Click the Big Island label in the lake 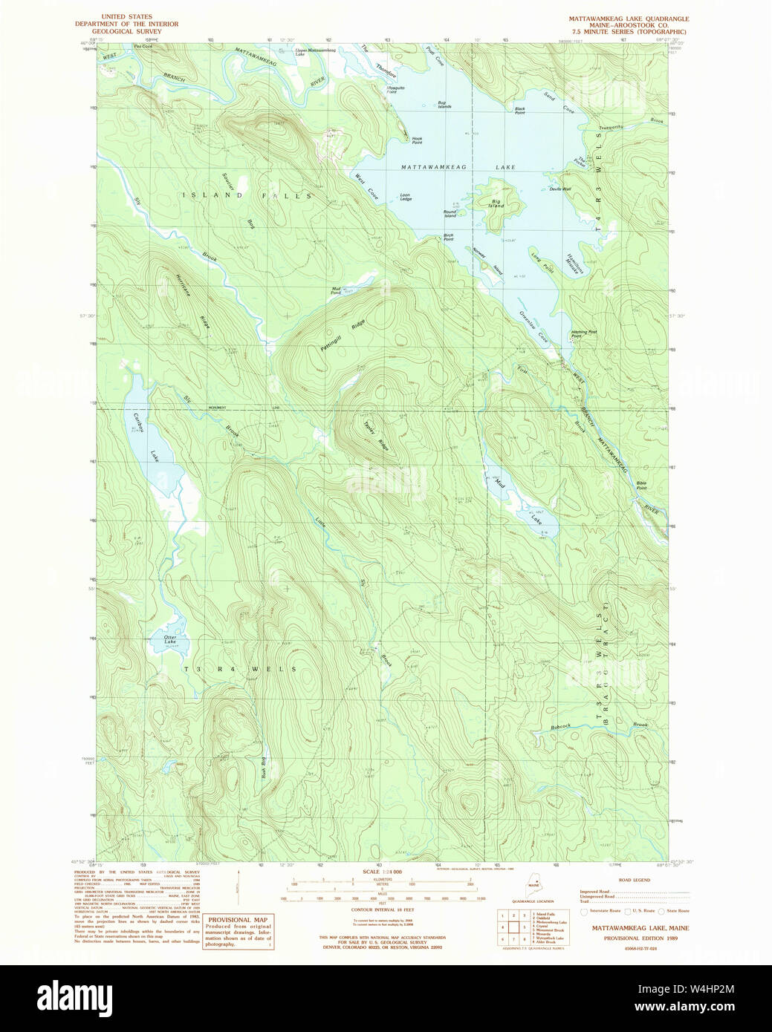496,203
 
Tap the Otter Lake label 170,639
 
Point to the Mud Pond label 336,291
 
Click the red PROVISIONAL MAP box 239,931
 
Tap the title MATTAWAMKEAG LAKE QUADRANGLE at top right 629,19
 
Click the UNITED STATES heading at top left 126,16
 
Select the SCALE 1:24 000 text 382,872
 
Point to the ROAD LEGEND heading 634,880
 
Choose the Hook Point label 417,139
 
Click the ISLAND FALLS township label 246,195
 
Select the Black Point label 519,111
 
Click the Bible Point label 640,486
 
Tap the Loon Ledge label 405,197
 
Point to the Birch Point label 448,237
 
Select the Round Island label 450,214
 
